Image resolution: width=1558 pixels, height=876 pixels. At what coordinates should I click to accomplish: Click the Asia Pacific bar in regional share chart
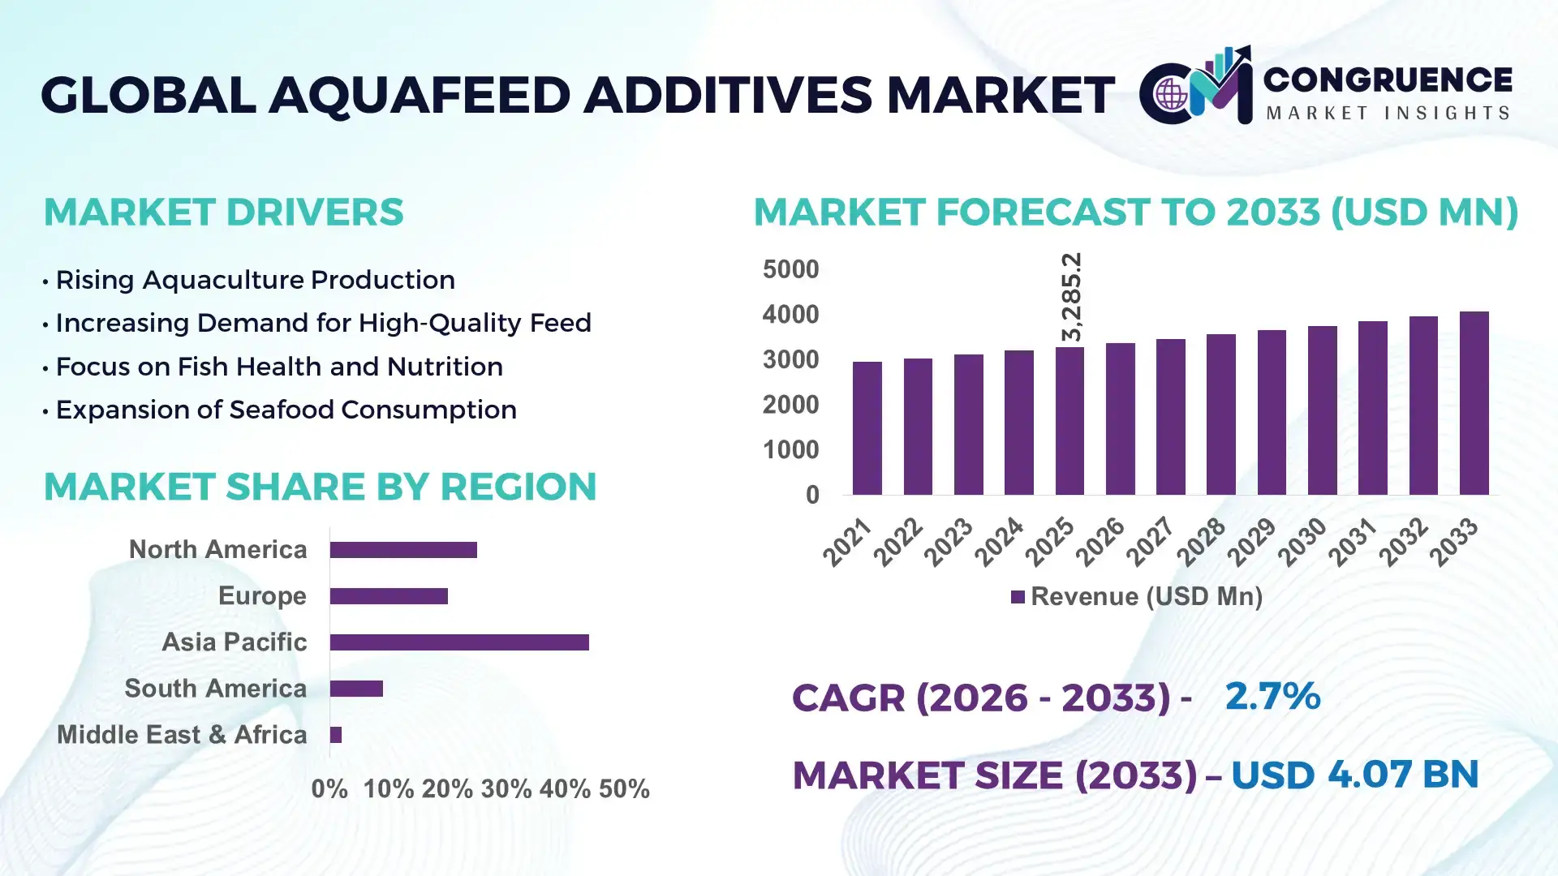click(459, 642)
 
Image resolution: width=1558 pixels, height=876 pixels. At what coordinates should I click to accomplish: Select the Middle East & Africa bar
click(336, 735)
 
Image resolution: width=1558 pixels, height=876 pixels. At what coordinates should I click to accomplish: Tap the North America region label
click(217, 550)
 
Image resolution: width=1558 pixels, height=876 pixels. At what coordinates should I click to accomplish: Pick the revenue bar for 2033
click(1474, 403)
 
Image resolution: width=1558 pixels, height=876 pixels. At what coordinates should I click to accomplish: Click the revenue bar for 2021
click(867, 428)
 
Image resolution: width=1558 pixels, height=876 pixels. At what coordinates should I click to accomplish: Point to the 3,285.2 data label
click(1071, 297)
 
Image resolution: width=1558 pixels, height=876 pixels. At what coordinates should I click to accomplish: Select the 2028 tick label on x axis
click(1202, 542)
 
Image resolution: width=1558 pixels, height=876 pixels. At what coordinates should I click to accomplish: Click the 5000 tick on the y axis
click(790, 269)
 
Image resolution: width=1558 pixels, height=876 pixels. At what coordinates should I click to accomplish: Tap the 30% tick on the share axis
click(506, 789)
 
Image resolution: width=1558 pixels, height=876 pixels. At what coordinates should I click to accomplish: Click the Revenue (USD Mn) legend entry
click(1136, 597)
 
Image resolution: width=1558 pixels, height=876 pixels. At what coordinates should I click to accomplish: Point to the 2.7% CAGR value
click(1272, 697)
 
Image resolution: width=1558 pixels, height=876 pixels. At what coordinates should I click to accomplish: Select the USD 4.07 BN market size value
click(1354, 775)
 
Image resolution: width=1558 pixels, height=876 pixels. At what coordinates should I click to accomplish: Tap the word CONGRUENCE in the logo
click(1388, 79)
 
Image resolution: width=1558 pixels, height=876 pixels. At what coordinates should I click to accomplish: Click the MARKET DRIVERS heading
click(223, 213)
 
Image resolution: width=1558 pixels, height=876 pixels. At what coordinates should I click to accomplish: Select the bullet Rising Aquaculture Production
click(255, 280)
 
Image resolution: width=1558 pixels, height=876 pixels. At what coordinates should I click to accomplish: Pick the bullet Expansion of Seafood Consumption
click(286, 410)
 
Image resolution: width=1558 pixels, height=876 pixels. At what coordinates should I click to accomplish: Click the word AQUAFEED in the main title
click(420, 95)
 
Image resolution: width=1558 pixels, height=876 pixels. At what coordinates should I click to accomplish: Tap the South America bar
click(356, 689)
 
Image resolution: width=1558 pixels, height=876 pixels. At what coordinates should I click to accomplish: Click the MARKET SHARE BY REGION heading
click(320, 487)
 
